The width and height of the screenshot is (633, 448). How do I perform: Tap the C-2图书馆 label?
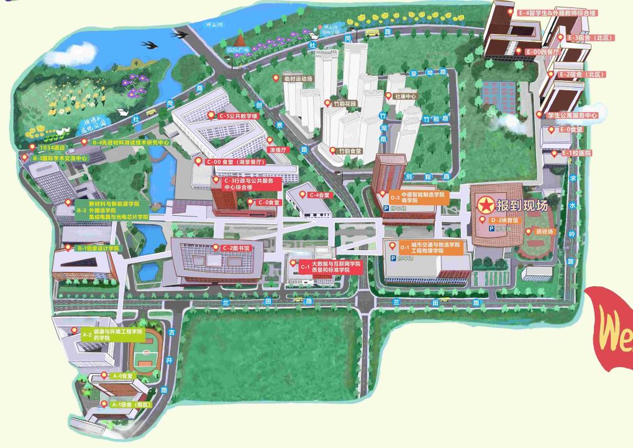coord(235,248)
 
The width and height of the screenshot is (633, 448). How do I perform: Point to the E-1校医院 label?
coord(576,152)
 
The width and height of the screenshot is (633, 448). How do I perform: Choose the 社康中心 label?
coord(405,96)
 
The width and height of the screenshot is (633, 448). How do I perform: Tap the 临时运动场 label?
coord(298,78)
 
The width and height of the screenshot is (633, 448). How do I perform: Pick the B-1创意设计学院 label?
coord(98,248)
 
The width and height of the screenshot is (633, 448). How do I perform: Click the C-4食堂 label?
coord(321,195)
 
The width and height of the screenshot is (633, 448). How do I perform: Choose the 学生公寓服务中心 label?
coord(572,115)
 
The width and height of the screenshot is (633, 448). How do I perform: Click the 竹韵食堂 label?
coord(349,151)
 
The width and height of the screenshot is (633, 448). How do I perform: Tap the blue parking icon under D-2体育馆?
coord(491,229)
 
